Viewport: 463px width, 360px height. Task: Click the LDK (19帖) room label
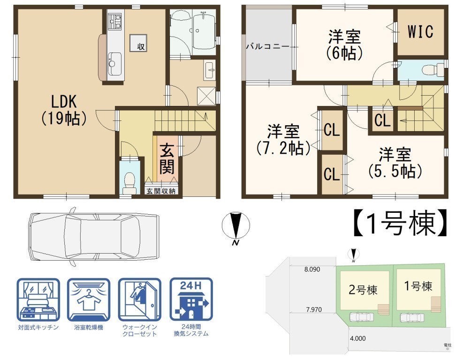click(x=64, y=110)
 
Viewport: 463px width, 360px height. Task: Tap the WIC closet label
click(x=420, y=31)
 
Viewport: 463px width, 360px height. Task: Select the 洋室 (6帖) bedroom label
click(x=345, y=45)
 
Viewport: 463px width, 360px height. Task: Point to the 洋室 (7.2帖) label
click(x=283, y=140)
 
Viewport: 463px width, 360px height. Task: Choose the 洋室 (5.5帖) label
click(x=395, y=163)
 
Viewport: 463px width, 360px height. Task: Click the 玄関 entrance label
click(x=167, y=158)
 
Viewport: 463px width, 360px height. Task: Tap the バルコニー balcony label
click(x=267, y=46)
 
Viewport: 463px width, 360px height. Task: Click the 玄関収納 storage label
click(x=161, y=191)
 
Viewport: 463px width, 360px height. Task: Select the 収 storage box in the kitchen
click(x=138, y=43)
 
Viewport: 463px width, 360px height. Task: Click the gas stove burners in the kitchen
click(x=115, y=22)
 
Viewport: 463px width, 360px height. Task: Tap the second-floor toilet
click(x=433, y=70)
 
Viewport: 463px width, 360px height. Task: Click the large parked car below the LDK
click(x=94, y=236)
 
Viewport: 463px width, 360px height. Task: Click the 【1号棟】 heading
click(x=401, y=223)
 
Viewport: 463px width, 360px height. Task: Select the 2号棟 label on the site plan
click(x=363, y=290)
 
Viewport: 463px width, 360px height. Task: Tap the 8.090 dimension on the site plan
click(x=312, y=269)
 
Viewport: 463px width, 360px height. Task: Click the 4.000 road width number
click(x=357, y=338)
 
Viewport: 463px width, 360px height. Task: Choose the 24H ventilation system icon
click(x=191, y=300)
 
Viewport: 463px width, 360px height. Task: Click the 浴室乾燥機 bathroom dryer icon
click(x=89, y=300)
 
